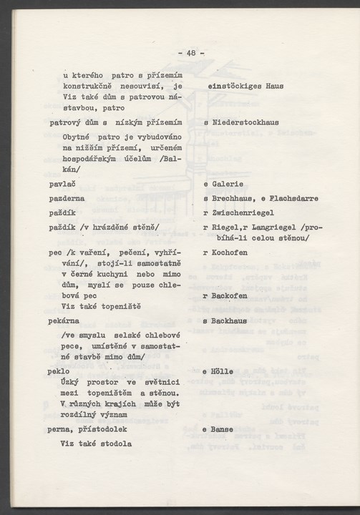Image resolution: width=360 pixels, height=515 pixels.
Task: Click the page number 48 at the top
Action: [191, 52]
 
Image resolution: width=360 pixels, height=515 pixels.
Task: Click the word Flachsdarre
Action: [292, 198]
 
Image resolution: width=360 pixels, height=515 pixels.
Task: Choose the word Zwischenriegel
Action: [243, 212]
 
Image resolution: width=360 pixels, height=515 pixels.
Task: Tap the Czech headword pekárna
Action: [67, 322]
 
